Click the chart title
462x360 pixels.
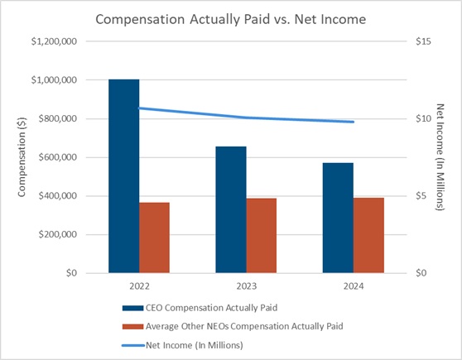[231, 19]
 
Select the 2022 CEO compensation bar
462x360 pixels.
[124, 176]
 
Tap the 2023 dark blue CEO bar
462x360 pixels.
[231, 209]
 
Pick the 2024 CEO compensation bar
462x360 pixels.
[338, 218]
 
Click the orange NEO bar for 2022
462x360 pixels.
[154, 238]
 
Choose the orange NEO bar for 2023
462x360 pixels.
[262, 236]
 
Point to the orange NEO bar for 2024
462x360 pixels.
[368, 235]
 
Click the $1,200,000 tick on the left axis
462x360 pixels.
[54, 41]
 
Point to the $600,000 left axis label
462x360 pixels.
[58, 157]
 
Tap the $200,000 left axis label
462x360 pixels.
[58, 234]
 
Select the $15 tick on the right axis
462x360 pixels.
[423, 41]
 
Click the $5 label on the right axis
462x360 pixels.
[421, 196]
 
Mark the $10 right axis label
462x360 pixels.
[423, 118]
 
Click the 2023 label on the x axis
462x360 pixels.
[247, 286]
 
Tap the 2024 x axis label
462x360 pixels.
[354, 286]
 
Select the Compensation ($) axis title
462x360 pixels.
[22, 157]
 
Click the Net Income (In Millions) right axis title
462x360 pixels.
[440, 157]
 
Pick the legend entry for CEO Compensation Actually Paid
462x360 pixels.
[200, 308]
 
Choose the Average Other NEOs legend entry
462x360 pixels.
[233, 326]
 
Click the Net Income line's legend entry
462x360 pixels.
[183, 345]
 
